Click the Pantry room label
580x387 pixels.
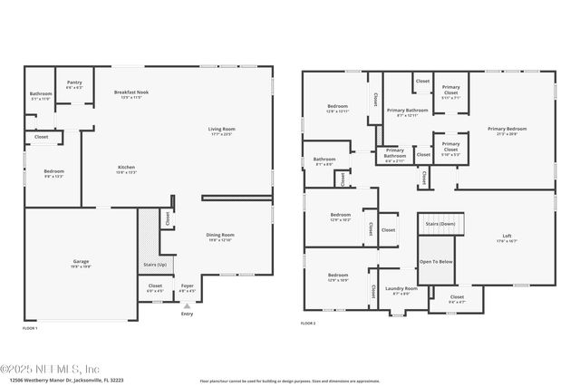(74, 84)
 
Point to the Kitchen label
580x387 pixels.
(126, 169)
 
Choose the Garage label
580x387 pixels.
(82, 263)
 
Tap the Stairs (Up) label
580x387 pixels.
(155, 264)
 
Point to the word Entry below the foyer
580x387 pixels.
(187, 314)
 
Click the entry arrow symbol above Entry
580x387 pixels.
(187, 305)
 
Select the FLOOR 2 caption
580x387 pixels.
(309, 322)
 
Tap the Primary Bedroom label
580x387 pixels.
(507, 131)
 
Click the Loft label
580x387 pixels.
(507, 238)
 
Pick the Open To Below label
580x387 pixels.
(436, 261)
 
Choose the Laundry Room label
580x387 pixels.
(400, 291)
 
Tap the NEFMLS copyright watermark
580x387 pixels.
(50, 369)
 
